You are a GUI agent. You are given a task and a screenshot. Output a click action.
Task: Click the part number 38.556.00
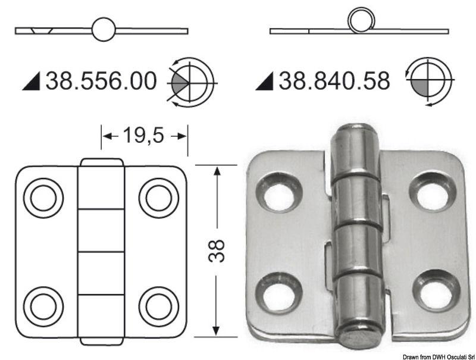click(x=101, y=81)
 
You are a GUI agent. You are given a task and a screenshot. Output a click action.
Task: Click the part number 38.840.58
click(x=334, y=81)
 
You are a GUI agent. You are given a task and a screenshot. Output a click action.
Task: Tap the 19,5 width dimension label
click(x=143, y=136)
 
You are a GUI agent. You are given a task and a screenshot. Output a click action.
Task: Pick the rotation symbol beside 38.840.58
click(x=428, y=82)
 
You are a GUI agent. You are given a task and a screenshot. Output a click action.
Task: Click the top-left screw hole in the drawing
click(x=43, y=198)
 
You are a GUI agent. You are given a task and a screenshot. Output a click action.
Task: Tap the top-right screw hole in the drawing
click(x=159, y=198)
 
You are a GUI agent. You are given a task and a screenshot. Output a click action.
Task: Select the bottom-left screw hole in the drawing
click(x=43, y=306)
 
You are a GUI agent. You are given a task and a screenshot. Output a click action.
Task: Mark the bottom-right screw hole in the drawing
click(x=159, y=306)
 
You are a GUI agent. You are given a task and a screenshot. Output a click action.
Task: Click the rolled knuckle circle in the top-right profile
click(x=361, y=21)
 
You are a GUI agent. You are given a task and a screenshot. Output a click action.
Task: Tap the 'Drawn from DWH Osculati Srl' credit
click(x=438, y=355)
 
